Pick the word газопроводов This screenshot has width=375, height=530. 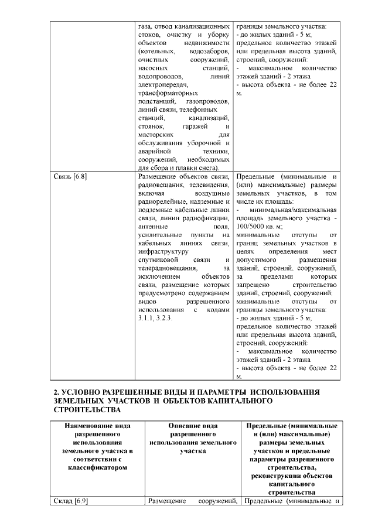[206, 101]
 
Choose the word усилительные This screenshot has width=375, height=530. [161, 233]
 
